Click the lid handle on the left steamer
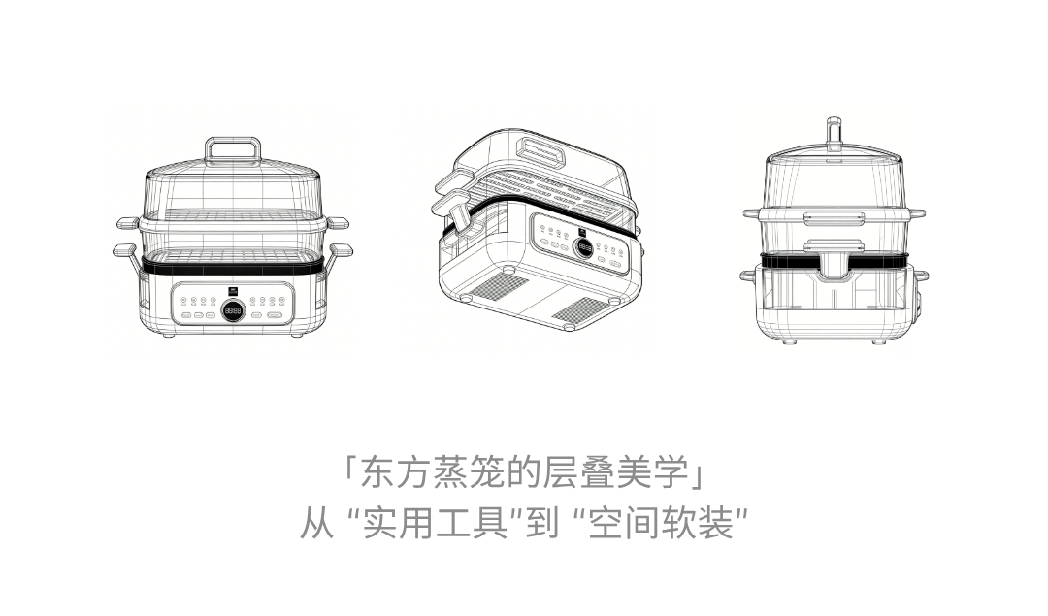click(232, 148)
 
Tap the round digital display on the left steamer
click(232, 310)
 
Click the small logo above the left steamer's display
click(232, 290)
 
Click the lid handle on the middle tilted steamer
click(544, 149)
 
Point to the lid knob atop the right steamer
click(833, 132)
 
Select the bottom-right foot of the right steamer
click(878, 340)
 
